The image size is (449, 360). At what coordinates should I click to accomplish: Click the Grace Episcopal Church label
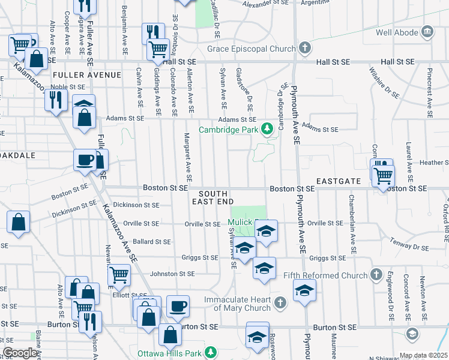252,49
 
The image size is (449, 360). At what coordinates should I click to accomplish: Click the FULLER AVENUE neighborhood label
87,75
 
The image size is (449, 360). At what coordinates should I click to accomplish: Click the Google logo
20,353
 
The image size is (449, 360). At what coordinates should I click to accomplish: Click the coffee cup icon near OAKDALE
85,160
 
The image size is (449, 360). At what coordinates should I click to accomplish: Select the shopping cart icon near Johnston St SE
119,275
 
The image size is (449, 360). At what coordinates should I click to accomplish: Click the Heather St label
434,163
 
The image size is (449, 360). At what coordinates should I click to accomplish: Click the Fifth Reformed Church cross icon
376,275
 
